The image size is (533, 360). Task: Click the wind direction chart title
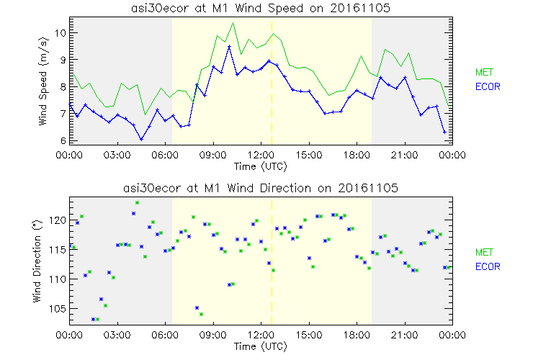click(x=260, y=188)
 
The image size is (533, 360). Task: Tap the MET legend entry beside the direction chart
click(x=484, y=252)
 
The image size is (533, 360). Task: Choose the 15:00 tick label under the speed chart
click(x=308, y=154)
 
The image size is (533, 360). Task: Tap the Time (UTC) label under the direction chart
click(x=260, y=347)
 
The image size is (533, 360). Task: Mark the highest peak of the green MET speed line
click(x=233, y=23)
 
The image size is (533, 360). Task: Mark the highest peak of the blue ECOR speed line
click(x=229, y=47)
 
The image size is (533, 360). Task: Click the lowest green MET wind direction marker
click(x=97, y=319)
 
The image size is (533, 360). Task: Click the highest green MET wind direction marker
click(x=137, y=203)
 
